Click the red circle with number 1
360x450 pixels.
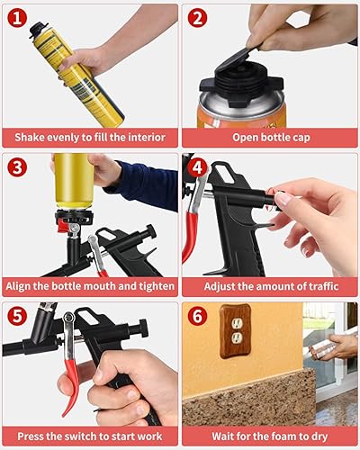17,18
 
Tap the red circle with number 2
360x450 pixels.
197,18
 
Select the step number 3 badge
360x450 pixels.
17,167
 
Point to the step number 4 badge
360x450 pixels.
197,167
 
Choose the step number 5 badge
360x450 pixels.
17,316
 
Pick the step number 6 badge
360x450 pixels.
197,316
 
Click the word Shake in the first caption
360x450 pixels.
29,138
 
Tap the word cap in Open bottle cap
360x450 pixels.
300,138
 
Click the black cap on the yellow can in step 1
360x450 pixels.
39,30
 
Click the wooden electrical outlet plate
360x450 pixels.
235,331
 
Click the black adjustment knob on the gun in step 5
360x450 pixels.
143,328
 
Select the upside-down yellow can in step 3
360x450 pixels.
74,181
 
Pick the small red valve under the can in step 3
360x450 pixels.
63,225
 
